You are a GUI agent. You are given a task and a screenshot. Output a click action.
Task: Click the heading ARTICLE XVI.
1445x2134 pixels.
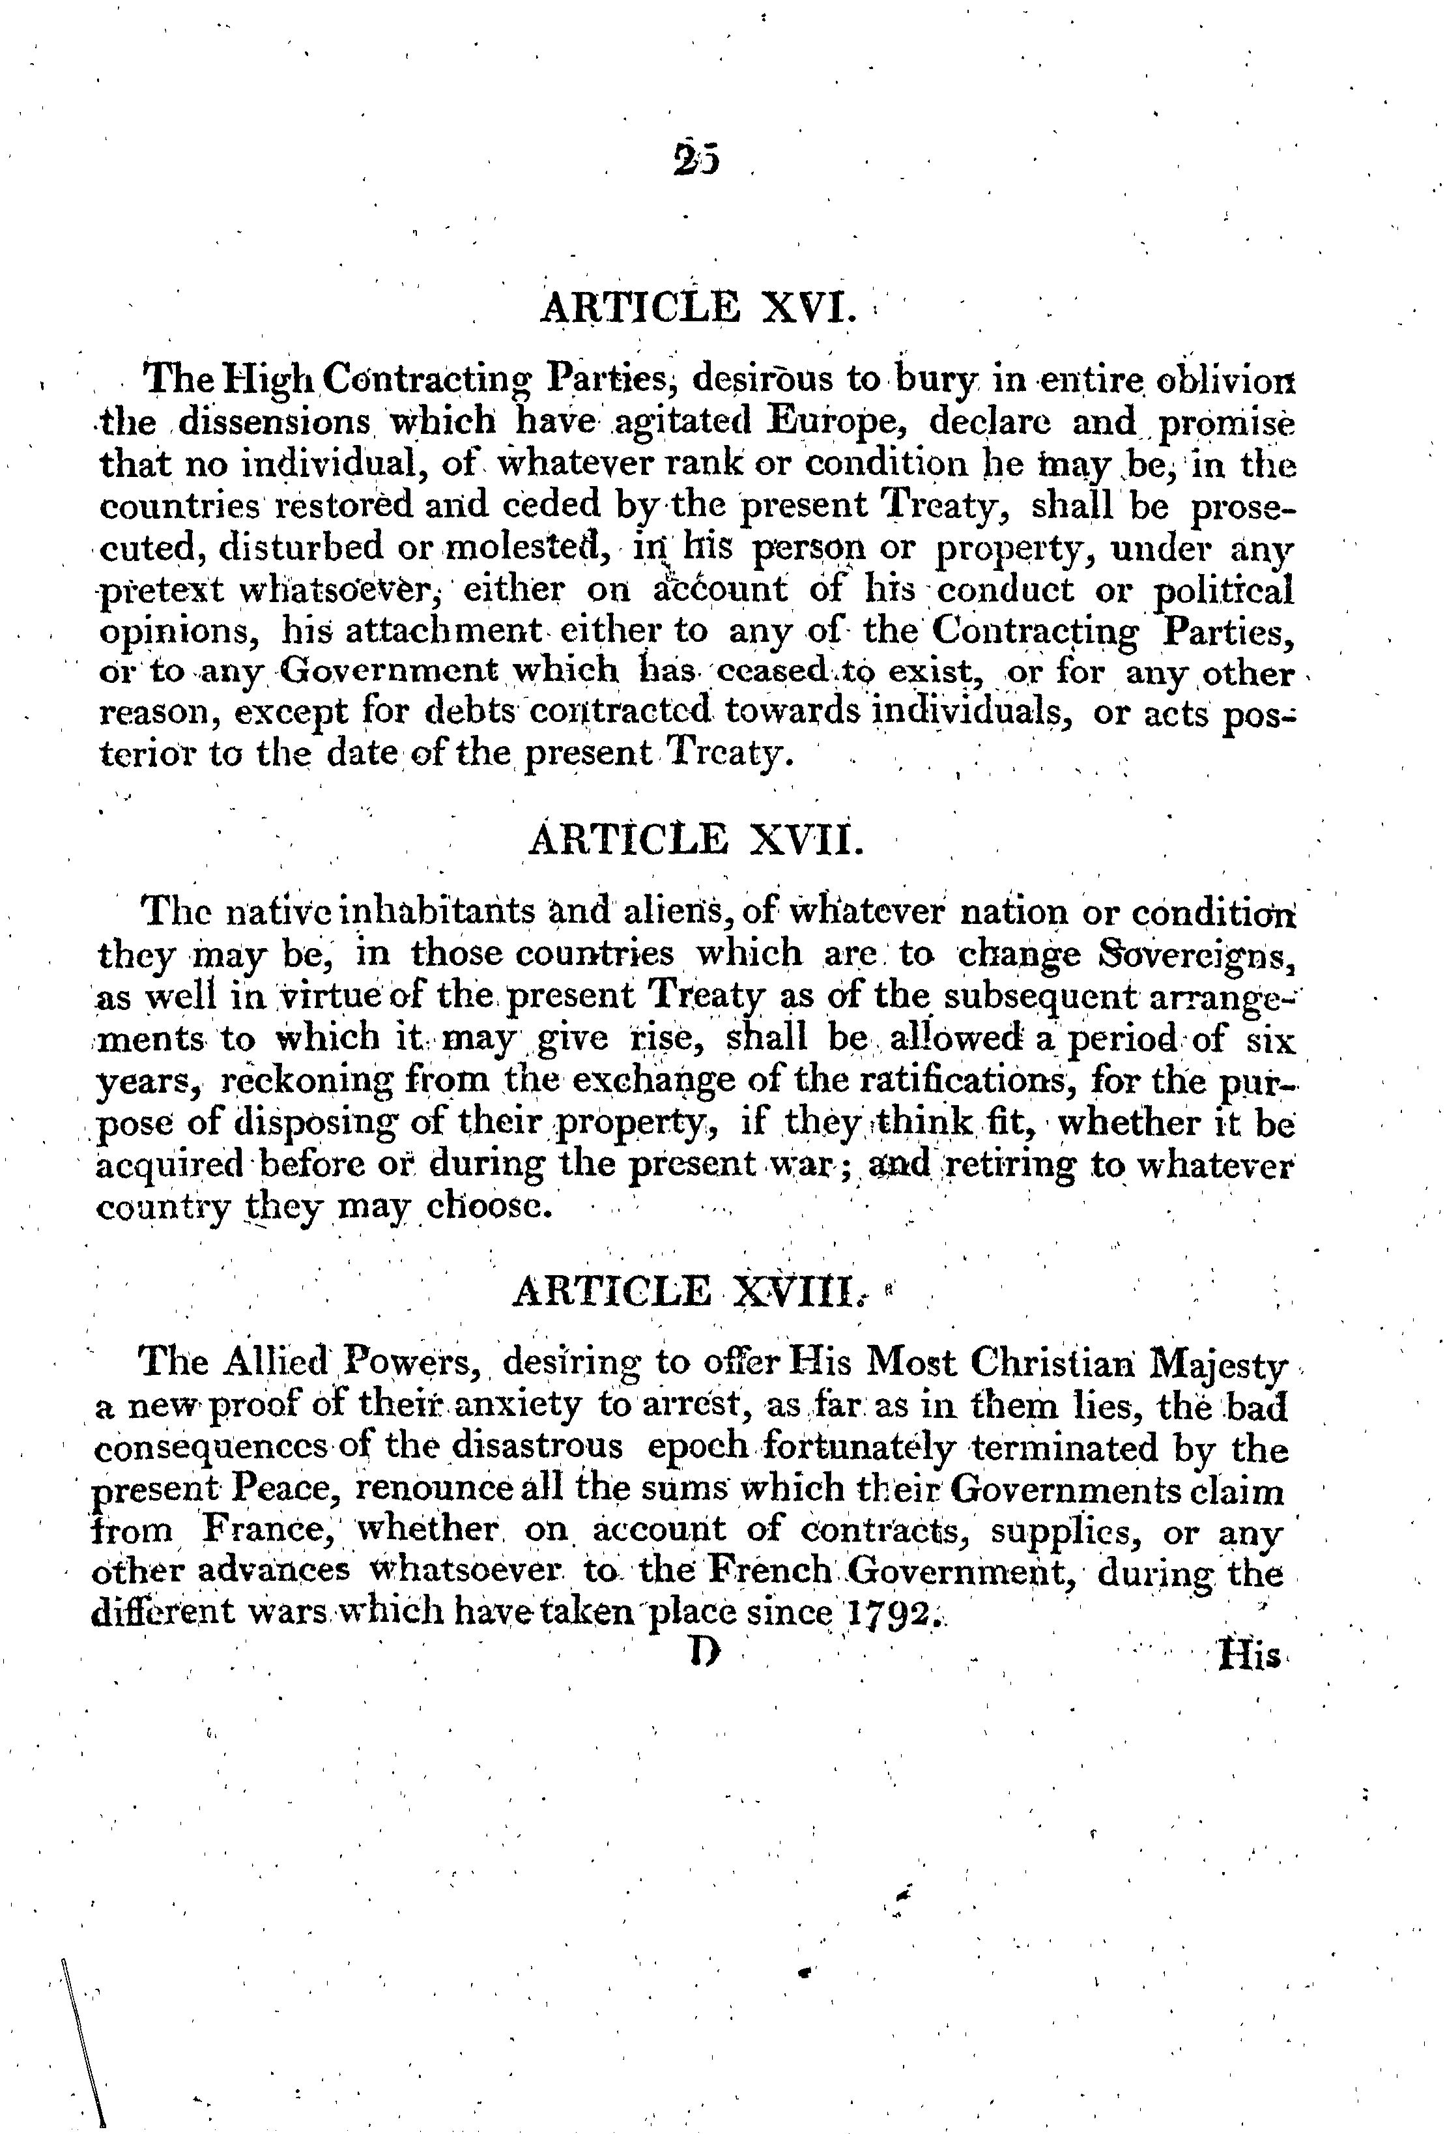697,308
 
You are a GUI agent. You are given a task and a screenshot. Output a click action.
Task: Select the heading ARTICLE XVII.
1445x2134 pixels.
697,840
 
